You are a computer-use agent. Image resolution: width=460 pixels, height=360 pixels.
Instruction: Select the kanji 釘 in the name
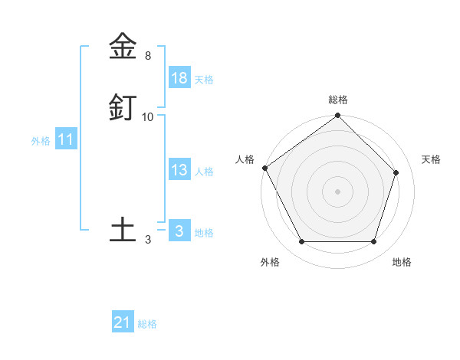click(123, 107)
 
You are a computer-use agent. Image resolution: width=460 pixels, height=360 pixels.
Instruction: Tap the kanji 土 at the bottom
click(123, 230)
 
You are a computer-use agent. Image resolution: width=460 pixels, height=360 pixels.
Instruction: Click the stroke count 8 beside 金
click(148, 56)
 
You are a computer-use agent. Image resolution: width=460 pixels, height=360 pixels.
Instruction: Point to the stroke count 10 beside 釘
click(148, 117)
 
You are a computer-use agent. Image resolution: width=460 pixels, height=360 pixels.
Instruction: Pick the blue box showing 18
click(179, 78)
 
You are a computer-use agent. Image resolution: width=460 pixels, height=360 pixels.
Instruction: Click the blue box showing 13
click(179, 170)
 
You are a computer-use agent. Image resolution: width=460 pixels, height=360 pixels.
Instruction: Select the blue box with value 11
click(66, 140)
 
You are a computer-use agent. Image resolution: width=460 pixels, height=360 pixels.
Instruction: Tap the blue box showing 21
click(123, 322)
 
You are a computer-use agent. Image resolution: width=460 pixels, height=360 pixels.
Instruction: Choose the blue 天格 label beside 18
click(204, 80)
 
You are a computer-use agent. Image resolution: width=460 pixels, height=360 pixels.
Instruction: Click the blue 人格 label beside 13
click(204, 172)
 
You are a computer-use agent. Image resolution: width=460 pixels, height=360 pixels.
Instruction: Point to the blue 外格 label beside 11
click(41, 141)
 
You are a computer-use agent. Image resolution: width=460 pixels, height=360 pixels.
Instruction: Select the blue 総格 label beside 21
click(147, 324)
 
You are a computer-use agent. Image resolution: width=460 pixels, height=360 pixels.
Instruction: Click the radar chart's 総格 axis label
click(338, 100)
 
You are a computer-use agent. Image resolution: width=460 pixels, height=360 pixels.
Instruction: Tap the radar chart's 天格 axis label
click(432, 159)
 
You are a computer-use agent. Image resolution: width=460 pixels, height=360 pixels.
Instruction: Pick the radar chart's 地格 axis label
click(402, 262)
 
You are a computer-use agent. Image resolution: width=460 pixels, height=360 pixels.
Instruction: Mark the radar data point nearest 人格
click(264, 168)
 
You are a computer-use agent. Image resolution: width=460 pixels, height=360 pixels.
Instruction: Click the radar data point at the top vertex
click(338, 116)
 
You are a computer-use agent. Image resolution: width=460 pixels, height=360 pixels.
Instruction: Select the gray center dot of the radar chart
click(338, 191)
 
